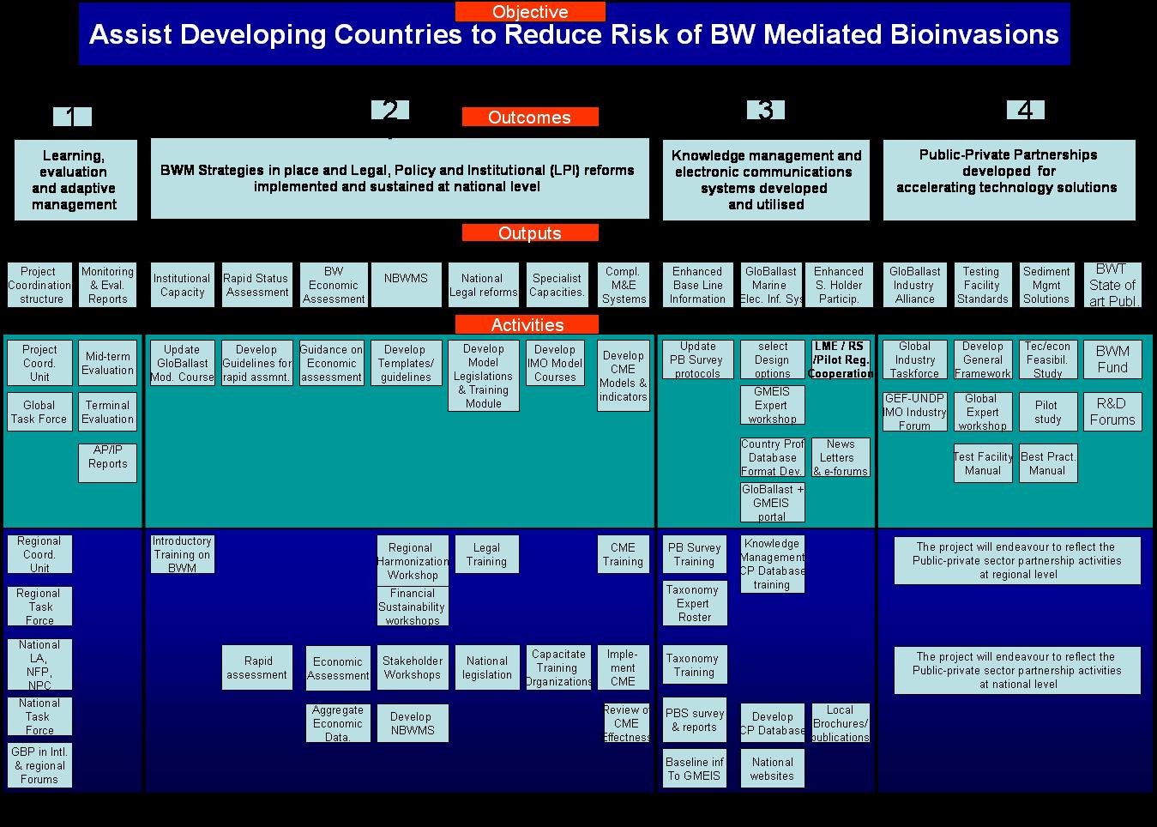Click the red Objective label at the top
pyautogui.click(x=530, y=12)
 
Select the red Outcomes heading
pyautogui.click(x=530, y=118)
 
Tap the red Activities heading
pyautogui.click(x=527, y=325)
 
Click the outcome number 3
pyautogui.click(x=766, y=110)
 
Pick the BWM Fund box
pyautogui.click(x=1112, y=359)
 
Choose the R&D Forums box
pyautogui.click(x=1112, y=412)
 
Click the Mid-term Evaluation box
pyautogui.click(x=107, y=363)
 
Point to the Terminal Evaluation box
pyautogui.click(x=107, y=412)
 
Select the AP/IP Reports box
pyautogui.click(x=107, y=462)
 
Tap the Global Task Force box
pyautogui.click(x=39, y=412)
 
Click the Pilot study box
pyautogui.click(x=1048, y=412)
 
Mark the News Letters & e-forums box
pyautogui.click(x=841, y=457)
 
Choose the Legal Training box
pyautogui.click(x=486, y=554)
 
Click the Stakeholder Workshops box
pyautogui.click(x=413, y=667)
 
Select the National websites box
pyautogui.click(x=772, y=769)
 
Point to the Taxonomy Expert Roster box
pyautogui.click(x=694, y=603)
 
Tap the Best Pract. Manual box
pyautogui.click(x=1048, y=463)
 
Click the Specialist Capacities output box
pyautogui.click(x=557, y=285)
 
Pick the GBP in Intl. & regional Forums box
pyautogui.click(x=39, y=765)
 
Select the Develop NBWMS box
pyautogui.click(x=413, y=723)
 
